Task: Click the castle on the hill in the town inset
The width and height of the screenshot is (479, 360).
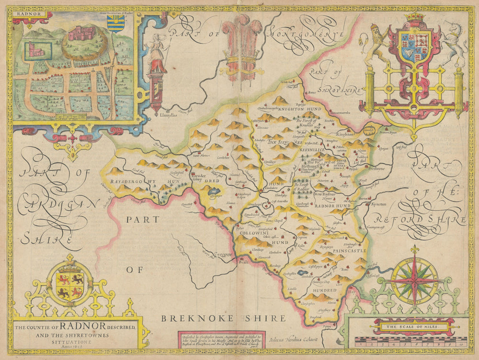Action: click(x=79, y=34)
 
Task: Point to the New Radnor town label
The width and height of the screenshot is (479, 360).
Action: click(x=327, y=194)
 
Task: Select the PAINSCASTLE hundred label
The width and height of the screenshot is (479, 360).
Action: click(x=343, y=250)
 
